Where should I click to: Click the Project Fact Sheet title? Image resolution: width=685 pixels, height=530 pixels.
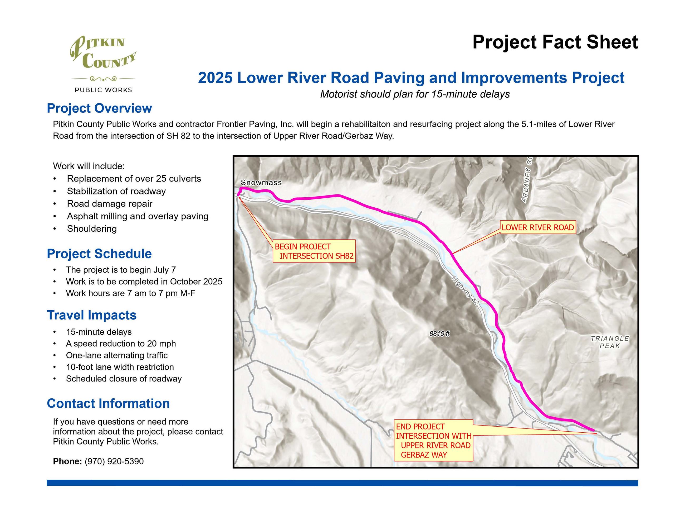[555, 42]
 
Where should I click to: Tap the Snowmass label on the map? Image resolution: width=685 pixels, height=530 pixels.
[261, 182]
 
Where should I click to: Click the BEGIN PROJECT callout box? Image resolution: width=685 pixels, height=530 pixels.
[314, 251]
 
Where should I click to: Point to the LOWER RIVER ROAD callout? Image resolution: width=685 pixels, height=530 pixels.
[537, 227]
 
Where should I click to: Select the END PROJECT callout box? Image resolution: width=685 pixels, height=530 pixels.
[433, 441]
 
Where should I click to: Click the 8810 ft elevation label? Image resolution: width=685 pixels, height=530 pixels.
[439, 333]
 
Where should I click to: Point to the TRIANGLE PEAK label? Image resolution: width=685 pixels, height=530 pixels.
[610, 342]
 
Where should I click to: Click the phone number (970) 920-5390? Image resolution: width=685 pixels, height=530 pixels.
[114, 461]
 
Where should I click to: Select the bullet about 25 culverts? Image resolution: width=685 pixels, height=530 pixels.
[134, 179]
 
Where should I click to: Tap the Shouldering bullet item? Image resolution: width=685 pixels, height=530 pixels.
[92, 228]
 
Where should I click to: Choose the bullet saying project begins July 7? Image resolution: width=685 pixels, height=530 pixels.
[121, 270]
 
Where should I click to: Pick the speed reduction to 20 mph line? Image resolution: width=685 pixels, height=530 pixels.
[121, 343]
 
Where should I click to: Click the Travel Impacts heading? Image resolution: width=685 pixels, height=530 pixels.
[92, 315]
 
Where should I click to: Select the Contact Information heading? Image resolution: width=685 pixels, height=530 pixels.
[108, 403]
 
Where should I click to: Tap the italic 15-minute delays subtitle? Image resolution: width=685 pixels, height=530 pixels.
[415, 94]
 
